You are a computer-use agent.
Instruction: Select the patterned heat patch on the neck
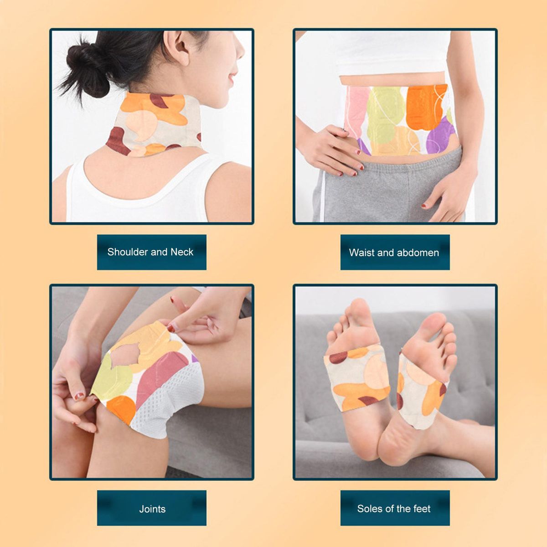154,124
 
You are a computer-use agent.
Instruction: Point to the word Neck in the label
182,252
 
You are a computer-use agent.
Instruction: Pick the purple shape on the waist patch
440,135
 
